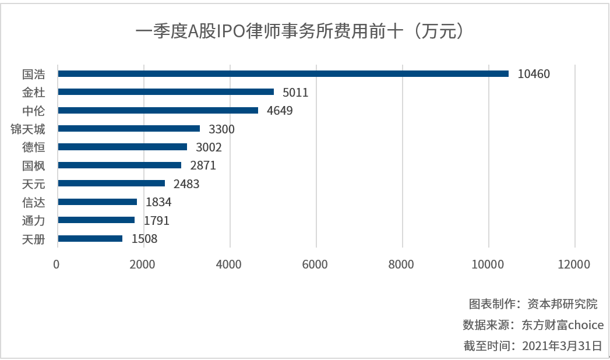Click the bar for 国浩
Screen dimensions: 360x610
point(283,74)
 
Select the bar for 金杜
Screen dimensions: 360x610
point(166,92)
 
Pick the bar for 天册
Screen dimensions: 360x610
point(90,238)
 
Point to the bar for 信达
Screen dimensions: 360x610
point(97,202)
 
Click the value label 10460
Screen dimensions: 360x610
point(534,74)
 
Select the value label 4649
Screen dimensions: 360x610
point(280,111)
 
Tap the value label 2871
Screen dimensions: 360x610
point(203,165)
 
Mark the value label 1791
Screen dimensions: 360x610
point(157,220)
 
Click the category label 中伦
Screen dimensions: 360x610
point(34,111)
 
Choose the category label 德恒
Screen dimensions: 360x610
point(34,147)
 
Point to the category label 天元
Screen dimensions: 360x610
point(34,183)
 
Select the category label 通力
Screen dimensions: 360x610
point(34,220)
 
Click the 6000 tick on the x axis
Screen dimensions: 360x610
point(316,264)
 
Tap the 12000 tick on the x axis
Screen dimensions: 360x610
point(573,264)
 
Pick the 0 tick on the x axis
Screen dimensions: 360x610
point(57,264)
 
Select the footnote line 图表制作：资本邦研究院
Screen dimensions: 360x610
point(533,303)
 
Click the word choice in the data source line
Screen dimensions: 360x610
point(586,324)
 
